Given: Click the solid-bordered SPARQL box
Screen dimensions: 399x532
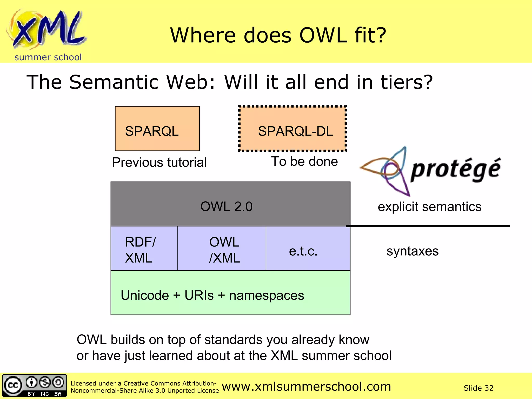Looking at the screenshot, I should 157,129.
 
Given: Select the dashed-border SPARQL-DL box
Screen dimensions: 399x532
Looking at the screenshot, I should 292,129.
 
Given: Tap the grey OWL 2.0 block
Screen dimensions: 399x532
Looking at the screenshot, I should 230,204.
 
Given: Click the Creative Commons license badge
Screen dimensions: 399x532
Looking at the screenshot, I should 34,385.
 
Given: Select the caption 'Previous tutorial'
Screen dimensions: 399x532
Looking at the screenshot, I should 159,163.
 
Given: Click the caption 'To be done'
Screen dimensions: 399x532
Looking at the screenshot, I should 304,162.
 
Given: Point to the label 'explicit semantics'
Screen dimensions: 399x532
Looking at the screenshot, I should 429,207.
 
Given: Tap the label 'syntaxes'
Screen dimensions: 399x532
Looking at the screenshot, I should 412,251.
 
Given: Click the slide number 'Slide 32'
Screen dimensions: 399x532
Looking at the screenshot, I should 478,388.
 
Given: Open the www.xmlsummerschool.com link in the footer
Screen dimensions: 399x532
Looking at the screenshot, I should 306,387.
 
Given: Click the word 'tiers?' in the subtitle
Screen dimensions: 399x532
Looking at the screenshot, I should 407,82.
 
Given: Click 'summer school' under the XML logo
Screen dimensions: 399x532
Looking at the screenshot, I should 48,57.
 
